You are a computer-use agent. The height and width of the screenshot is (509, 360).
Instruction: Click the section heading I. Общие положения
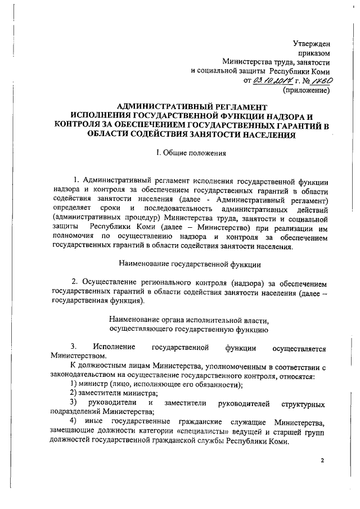click(191, 152)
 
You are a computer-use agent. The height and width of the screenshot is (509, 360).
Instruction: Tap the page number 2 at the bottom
click(323, 461)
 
